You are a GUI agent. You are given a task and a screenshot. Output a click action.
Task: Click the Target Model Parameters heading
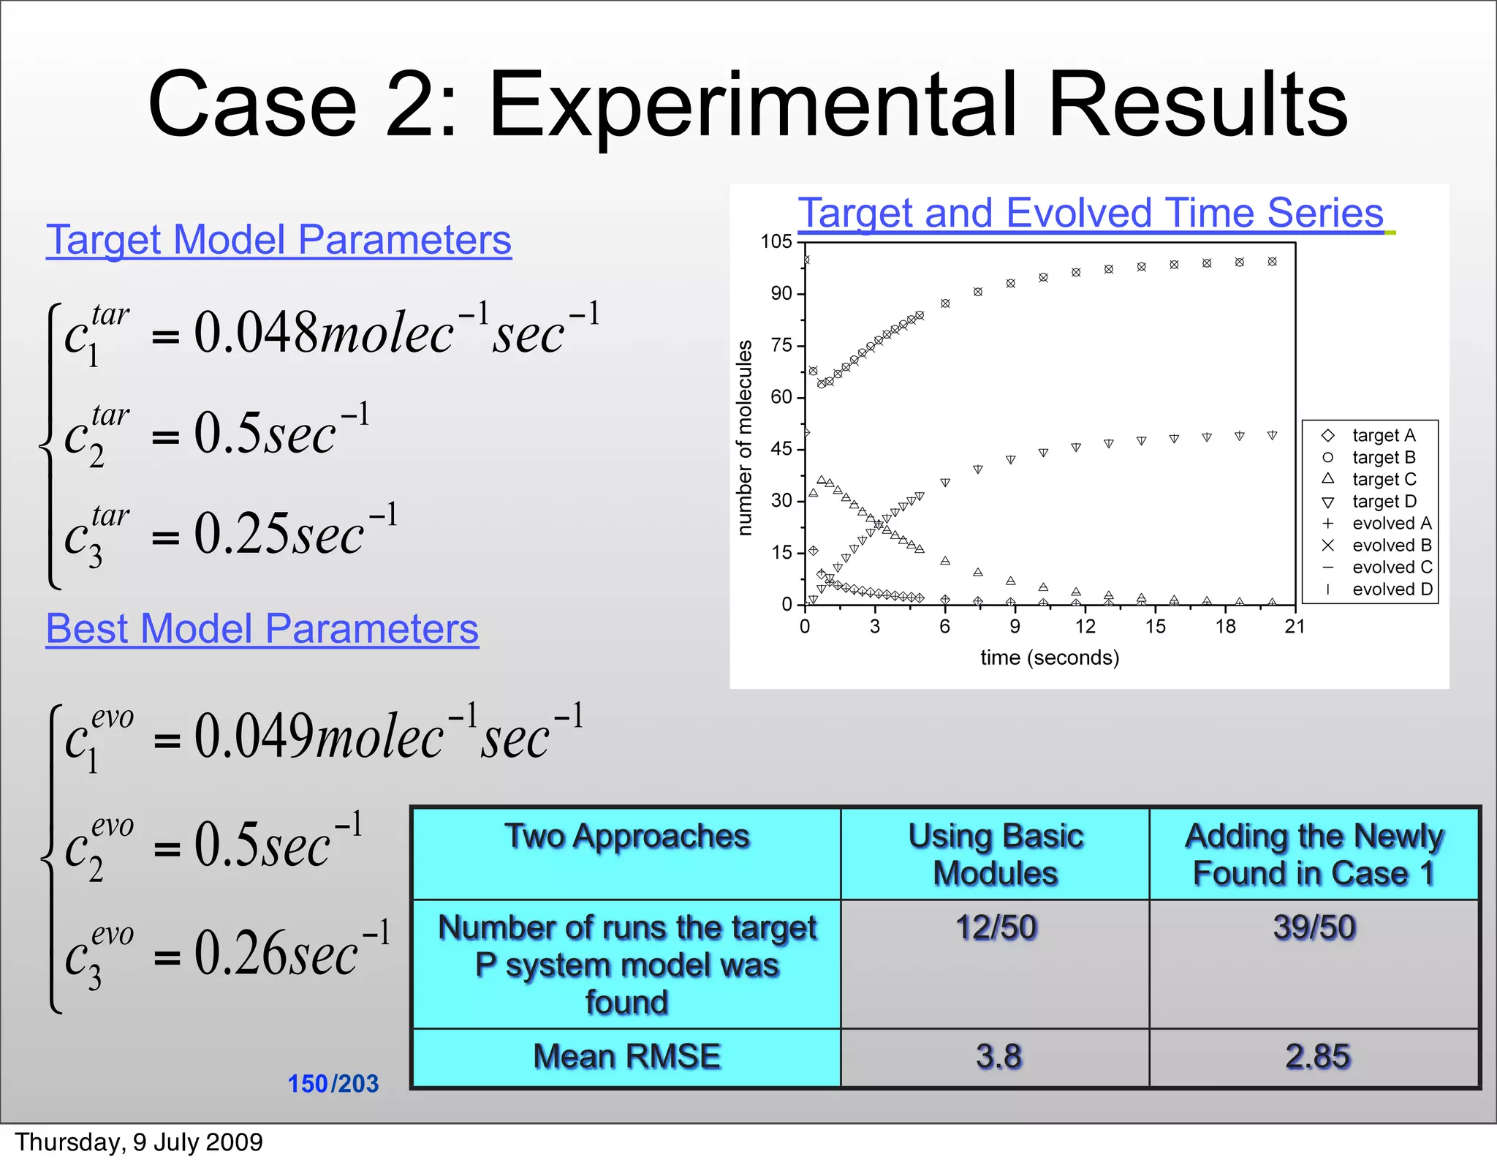278,240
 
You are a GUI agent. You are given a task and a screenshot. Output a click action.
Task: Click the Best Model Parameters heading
262,629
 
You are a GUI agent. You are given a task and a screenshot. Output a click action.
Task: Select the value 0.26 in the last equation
238,954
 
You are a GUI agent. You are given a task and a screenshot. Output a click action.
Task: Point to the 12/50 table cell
996,927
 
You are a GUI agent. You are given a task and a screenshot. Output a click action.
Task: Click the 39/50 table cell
1314,927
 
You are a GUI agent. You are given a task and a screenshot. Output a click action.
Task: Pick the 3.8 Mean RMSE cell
998,1057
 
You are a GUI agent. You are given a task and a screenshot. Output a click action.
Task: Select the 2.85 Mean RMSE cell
1317,1057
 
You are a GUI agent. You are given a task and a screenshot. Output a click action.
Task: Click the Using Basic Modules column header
995,854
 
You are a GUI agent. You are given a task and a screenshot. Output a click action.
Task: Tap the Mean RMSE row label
626,1057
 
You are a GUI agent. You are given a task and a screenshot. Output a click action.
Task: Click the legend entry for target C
1384,480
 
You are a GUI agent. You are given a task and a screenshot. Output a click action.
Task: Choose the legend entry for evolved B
1391,546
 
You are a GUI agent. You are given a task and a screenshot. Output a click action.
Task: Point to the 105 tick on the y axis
776,241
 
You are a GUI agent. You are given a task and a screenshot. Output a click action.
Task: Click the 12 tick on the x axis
1085,627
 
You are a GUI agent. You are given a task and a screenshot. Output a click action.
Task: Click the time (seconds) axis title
1050,657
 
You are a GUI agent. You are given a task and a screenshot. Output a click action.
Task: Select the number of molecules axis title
744,438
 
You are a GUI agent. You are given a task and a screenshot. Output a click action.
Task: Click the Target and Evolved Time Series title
1091,213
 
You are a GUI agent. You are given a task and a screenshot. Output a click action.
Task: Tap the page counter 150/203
333,1084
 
